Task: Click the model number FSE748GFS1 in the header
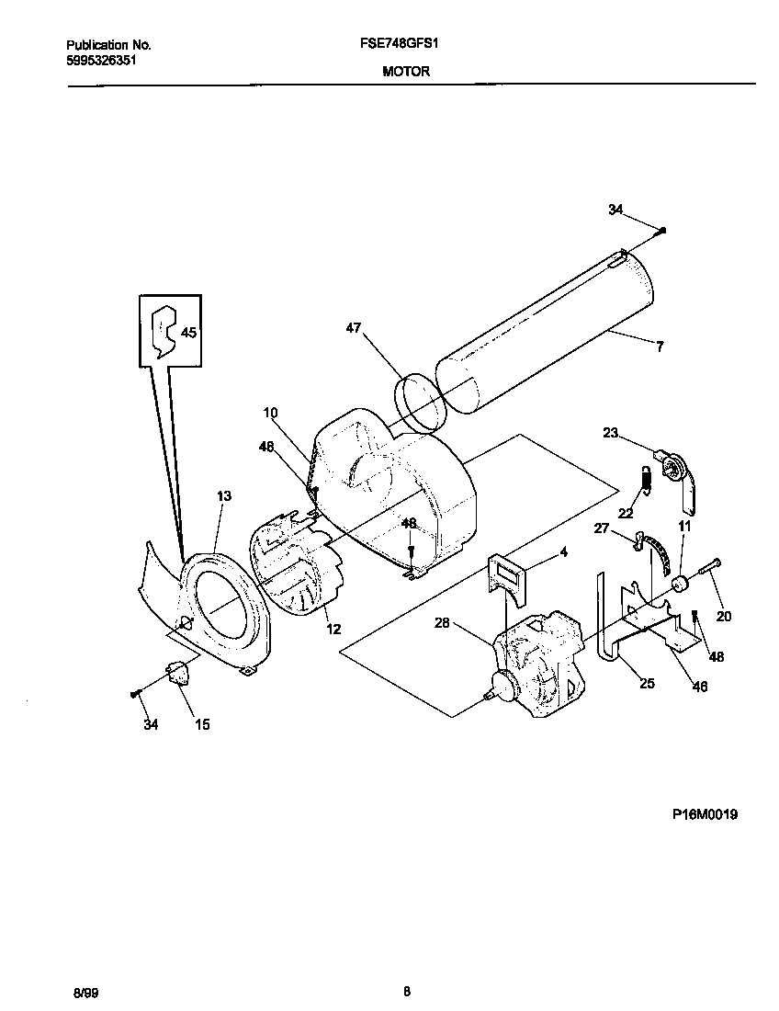pyautogui.click(x=405, y=44)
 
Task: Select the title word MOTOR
pyautogui.click(x=405, y=71)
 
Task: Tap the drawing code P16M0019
pyautogui.click(x=705, y=815)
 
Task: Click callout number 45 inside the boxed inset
pyautogui.click(x=188, y=333)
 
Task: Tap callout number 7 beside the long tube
pyautogui.click(x=659, y=346)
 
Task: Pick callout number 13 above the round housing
pyautogui.click(x=224, y=496)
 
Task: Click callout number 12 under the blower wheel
pyautogui.click(x=333, y=629)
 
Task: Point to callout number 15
pyautogui.click(x=202, y=725)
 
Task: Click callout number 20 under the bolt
pyautogui.click(x=724, y=617)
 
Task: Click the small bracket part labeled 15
pyautogui.click(x=176, y=675)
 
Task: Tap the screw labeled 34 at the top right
pyautogui.click(x=663, y=230)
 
